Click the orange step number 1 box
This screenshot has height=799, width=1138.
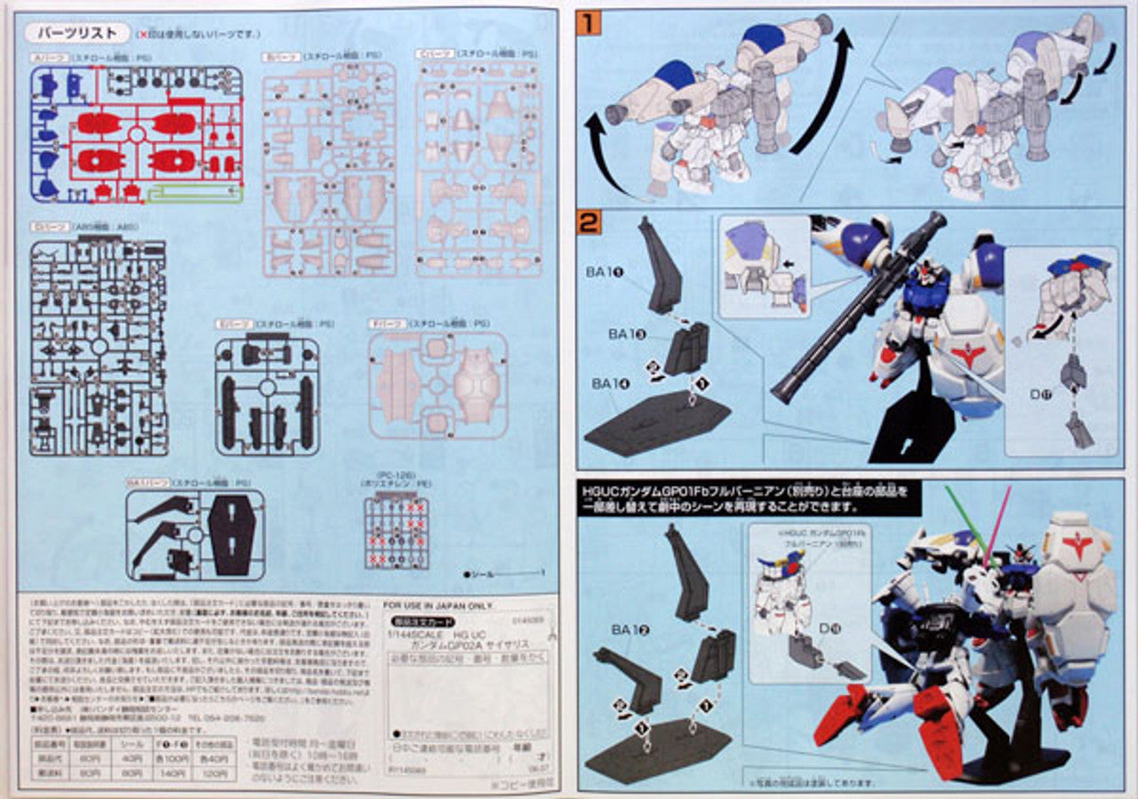click(x=589, y=22)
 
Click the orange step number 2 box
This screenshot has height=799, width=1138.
click(x=589, y=222)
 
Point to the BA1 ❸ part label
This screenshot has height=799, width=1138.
click(x=628, y=334)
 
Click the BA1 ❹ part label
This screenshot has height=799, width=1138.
click(x=612, y=383)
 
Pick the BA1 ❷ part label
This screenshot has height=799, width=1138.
click(x=630, y=630)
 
